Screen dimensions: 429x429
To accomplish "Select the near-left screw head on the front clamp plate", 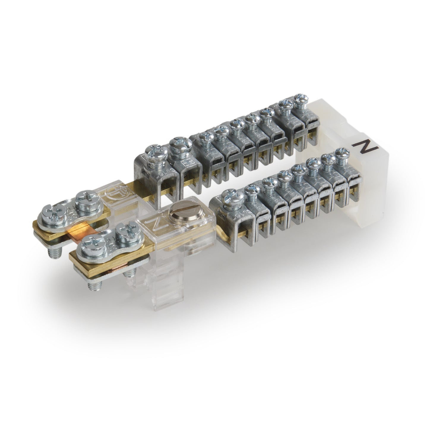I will pos(87,242).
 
